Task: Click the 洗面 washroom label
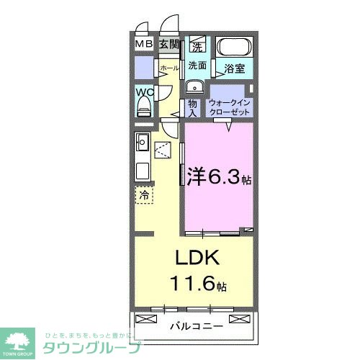click(197, 66)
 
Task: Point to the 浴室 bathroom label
click(233, 70)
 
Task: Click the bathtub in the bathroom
click(234, 48)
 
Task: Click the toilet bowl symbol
click(143, 107)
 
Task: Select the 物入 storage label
click(193, 107)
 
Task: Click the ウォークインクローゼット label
click(229, 107)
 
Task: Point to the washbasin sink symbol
click(193, 87)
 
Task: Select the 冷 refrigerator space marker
click(144, 195)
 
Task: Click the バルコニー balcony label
click(196, 325)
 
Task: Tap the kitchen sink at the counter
click(141, 141)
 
